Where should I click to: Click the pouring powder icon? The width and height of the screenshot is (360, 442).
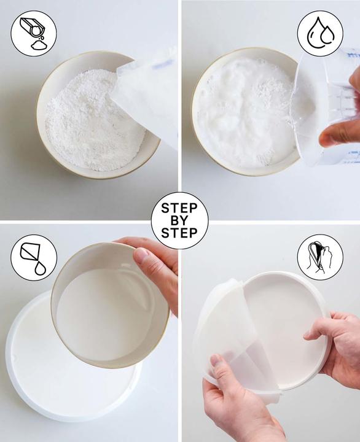click(x=34, y=33)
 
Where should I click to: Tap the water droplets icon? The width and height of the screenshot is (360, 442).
click(x=320, y=33)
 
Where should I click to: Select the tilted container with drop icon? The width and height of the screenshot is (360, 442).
click(x=34, y=257)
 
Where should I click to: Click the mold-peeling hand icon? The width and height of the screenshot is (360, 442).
click(x=320, y=257)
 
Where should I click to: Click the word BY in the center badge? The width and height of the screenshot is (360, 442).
click(x=179, y=221)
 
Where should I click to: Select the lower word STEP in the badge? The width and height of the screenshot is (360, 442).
click(x=179, y=233)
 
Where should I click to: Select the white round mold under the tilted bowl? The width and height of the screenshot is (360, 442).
click(x=43, y=368)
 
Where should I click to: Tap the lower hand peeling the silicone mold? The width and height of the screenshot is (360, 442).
click(x=240, y=405)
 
